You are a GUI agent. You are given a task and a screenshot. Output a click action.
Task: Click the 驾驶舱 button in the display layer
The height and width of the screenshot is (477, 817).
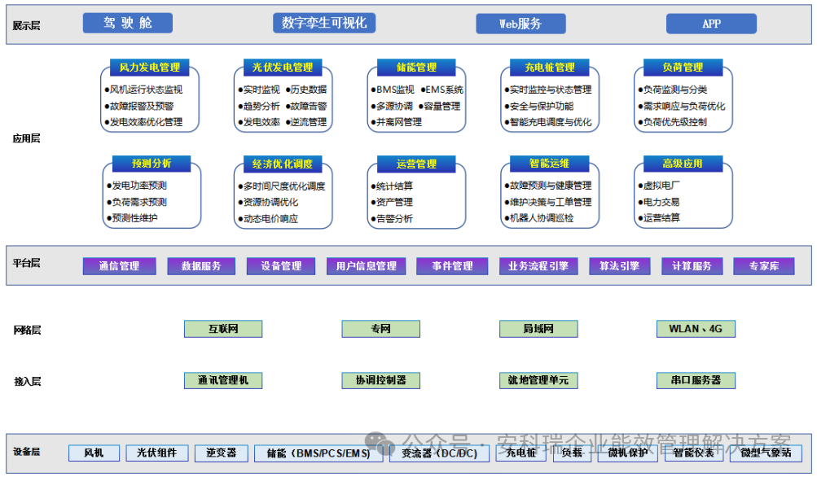point(127,24)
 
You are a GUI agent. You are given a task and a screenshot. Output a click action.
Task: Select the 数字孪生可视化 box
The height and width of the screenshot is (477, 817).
point(324,24)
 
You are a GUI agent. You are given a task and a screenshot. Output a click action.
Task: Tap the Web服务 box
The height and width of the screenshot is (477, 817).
point(521,24)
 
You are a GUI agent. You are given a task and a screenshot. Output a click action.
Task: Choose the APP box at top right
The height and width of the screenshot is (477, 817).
point(711,24)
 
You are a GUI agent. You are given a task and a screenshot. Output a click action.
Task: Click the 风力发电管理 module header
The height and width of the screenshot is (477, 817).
point(150,68)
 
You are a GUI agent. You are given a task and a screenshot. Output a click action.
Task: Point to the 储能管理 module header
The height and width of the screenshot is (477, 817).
point(416,68)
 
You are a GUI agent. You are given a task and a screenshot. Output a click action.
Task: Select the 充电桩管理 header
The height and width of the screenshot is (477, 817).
point(549,68)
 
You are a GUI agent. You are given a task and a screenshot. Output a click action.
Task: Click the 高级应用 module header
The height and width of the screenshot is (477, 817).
point(683,164)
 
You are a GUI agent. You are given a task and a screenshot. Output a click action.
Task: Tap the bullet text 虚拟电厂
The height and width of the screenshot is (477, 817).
point(661,186)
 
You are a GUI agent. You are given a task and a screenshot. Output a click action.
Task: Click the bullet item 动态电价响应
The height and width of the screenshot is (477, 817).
point(270,218)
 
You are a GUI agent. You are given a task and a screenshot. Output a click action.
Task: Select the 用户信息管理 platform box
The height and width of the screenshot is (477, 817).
point(367,266)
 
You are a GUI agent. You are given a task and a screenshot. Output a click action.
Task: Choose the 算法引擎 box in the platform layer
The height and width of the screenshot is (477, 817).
point(620,266)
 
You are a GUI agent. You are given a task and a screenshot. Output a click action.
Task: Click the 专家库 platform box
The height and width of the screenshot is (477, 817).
point(763,266)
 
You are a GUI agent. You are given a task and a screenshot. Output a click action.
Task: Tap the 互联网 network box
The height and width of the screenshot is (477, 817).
point(223,329)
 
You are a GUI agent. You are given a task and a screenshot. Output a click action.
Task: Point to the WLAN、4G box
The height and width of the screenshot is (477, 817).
point(696,329)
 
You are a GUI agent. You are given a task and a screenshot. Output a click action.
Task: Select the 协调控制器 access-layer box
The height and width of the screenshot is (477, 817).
point(380,380)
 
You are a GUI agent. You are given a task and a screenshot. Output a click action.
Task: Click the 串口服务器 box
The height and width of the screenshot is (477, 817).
point(696,380)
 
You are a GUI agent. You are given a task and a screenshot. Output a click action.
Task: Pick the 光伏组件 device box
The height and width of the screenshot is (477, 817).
point(157,453)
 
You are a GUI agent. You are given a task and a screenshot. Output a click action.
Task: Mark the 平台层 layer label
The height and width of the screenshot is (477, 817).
point(26,263)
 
